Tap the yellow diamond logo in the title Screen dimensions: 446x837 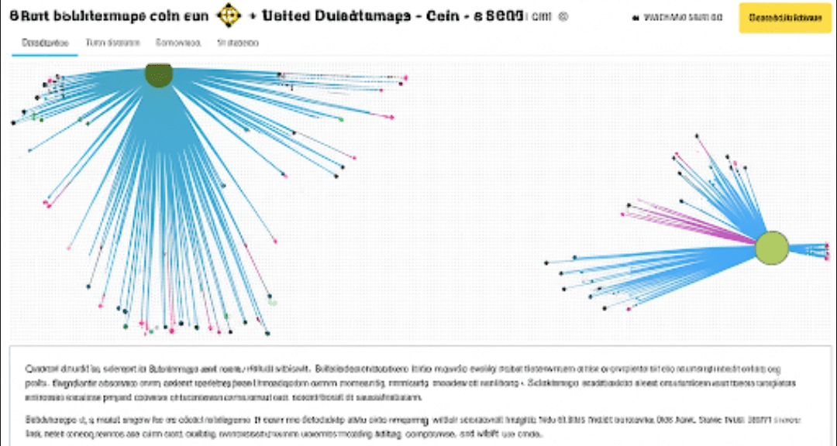(x=229, y=15)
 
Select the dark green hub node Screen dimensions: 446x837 (x=158, y=75)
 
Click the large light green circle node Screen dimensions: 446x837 (x=771, y=247)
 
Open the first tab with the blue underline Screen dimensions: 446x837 (x=44, y=43)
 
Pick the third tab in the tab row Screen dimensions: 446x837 (x=178, y=43)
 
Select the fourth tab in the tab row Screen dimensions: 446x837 (x=238, y=43)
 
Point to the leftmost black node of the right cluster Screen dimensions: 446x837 (x=547, y=262)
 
